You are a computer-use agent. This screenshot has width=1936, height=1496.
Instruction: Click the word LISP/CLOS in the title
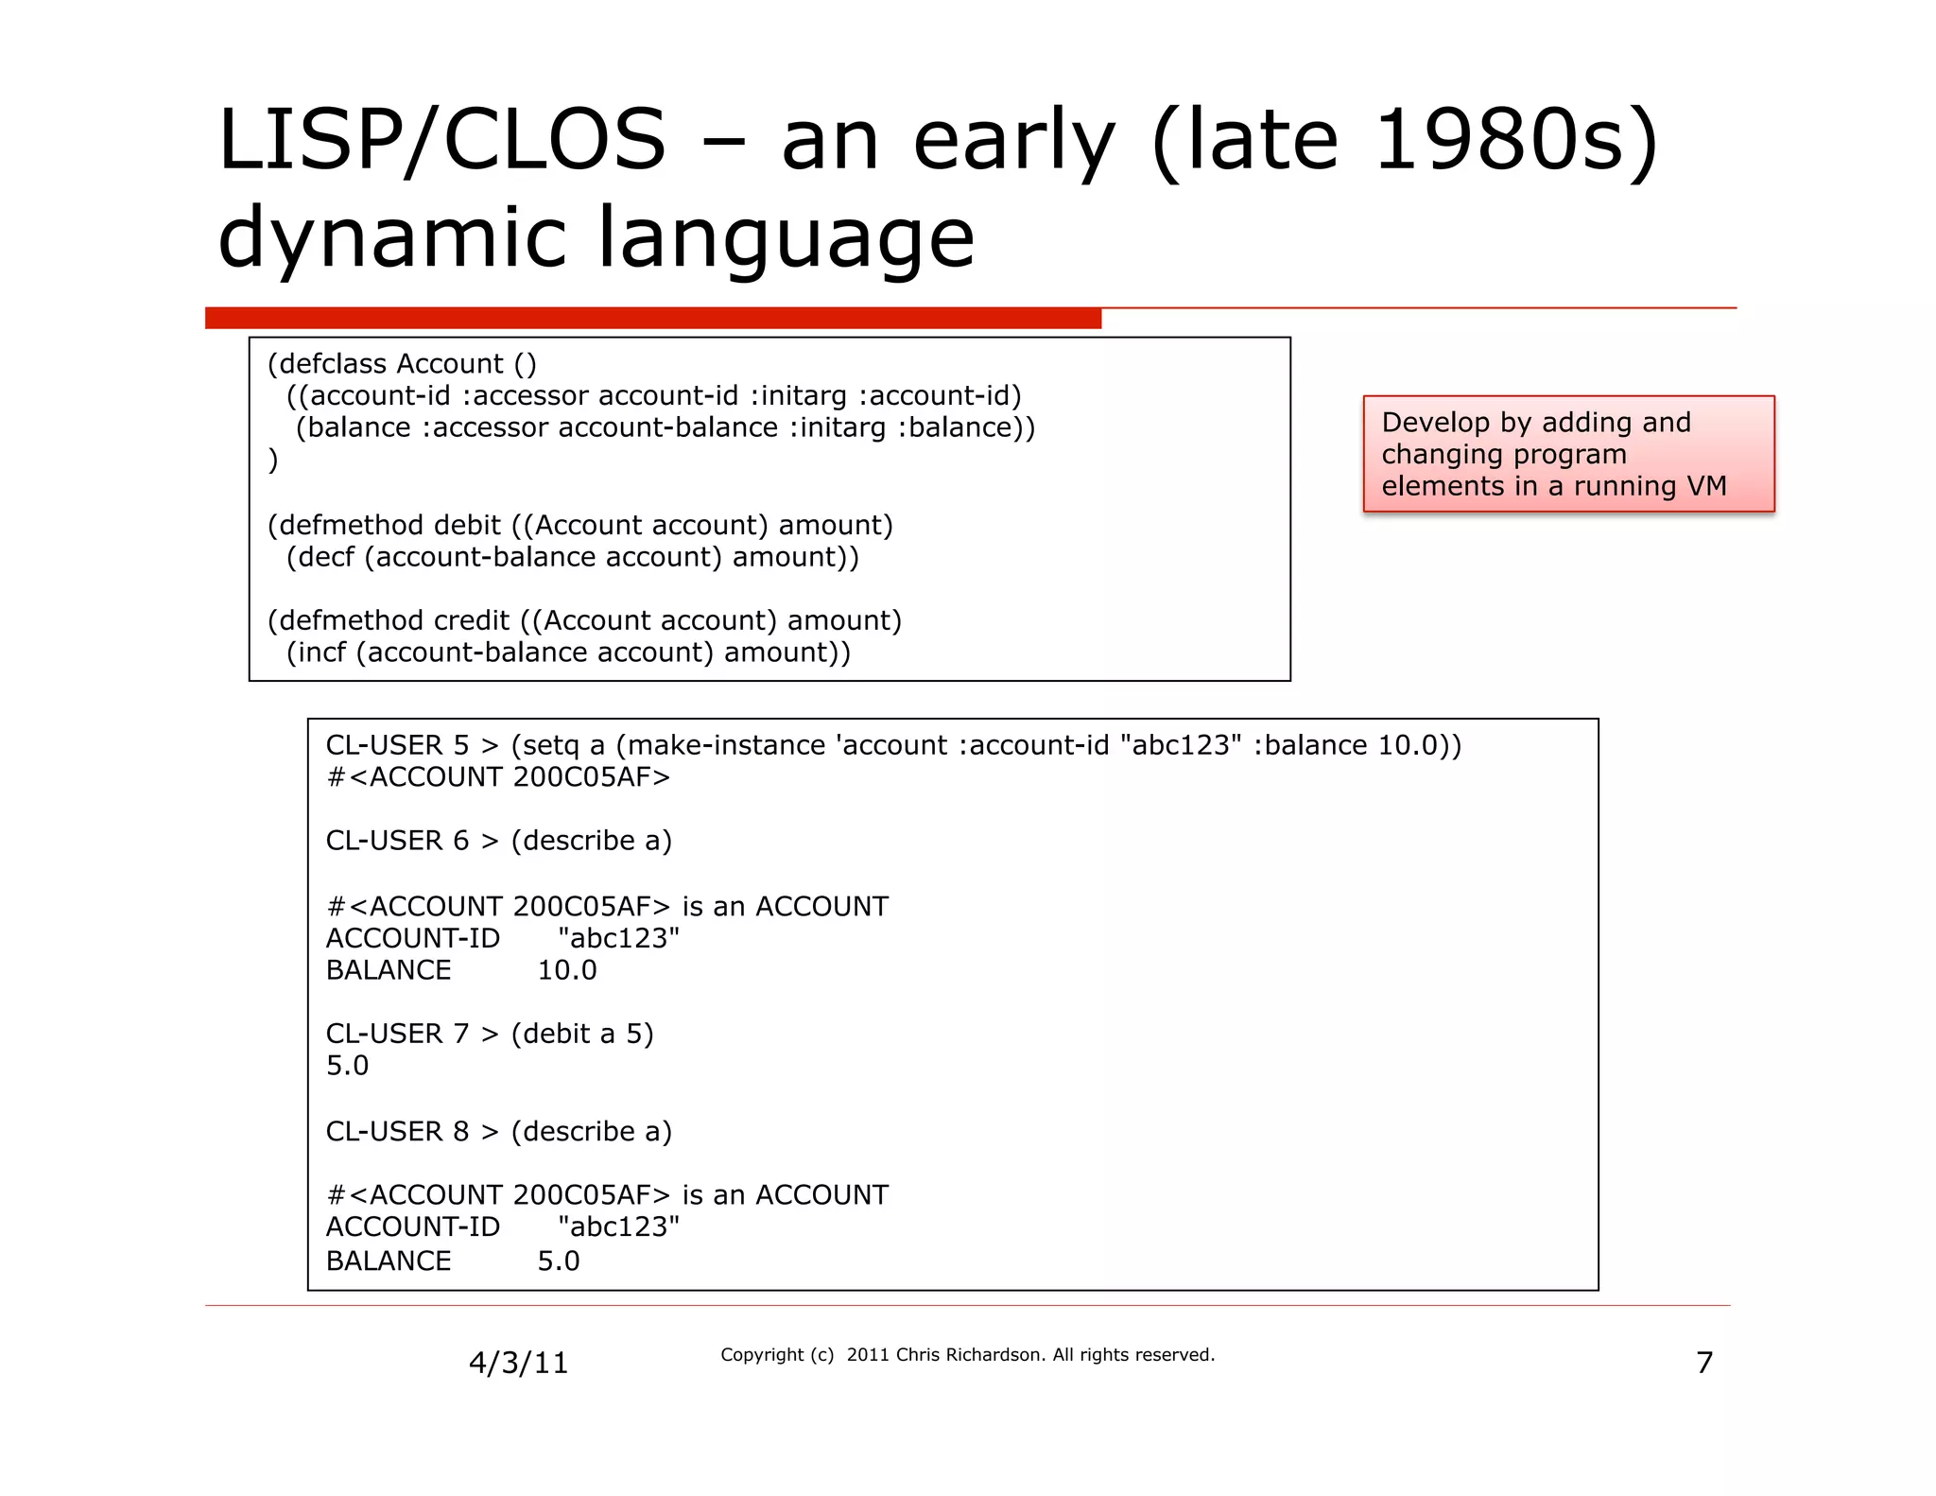coord(441,142)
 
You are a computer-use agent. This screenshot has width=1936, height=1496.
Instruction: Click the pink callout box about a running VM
coord(1567,454)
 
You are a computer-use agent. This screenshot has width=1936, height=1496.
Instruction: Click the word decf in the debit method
coord(325,557)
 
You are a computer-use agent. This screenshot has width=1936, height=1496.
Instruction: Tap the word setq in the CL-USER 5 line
coord(550,745)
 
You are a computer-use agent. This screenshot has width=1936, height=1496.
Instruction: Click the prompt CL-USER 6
coord(397,841)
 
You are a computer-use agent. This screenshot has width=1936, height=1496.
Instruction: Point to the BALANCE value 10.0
coord(567,970)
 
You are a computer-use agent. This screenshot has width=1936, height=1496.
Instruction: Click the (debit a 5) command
coord(582,1034)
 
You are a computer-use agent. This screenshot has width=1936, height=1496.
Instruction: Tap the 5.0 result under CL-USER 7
coord(348,1066)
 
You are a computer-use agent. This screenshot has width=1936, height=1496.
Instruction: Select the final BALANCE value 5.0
coord(559,1261)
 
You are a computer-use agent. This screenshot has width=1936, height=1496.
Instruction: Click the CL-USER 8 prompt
coord(397,1131)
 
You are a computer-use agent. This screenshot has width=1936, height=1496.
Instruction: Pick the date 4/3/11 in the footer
coord(519,1363)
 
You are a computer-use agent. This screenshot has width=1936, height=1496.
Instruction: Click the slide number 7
coord(1704,1363)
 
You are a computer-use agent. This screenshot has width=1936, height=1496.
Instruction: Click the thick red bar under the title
coord(652,318)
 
